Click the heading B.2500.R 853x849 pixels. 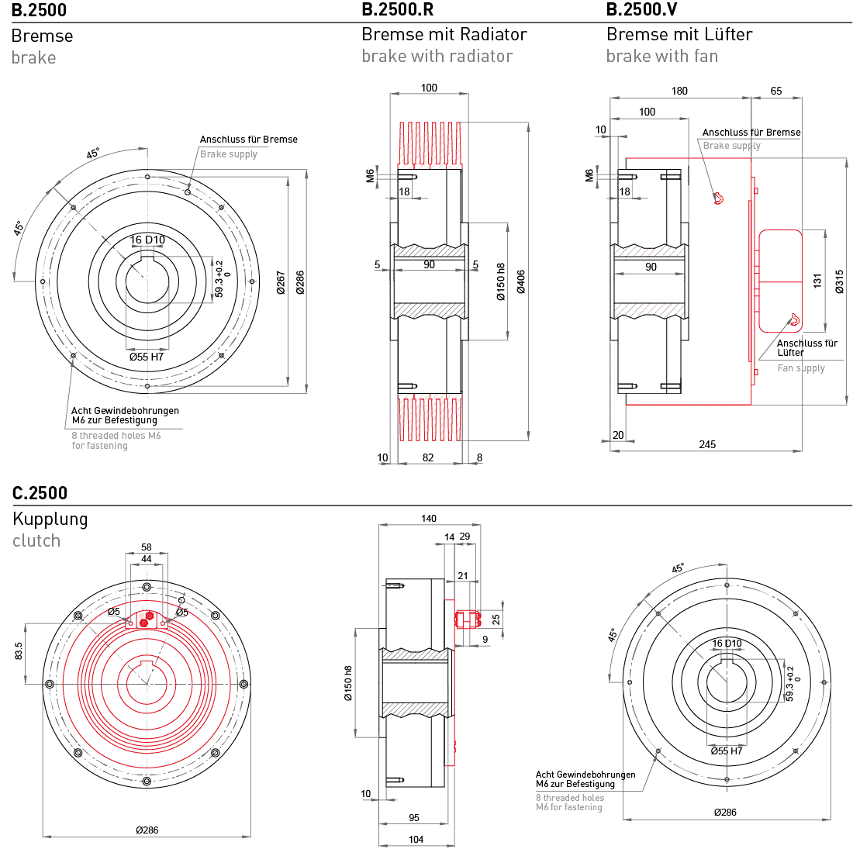point(398,10)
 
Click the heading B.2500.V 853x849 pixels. point(643,10)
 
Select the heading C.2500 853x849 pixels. point(40,493)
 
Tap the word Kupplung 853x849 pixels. point(50,519)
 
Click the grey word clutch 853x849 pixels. point(36,540)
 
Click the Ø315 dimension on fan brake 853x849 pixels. point(838,281)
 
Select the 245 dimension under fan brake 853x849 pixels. point(707,444)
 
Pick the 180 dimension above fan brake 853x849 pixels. point(679,91)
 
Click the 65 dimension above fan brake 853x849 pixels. point(776,91)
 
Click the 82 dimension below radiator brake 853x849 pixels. point(429,457)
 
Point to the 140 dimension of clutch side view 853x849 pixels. point(428,519)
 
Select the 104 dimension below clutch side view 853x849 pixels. point(416,839)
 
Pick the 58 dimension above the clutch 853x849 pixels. point(147,547)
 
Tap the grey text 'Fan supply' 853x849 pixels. point(801,368)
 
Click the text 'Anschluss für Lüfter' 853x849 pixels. point(806,347)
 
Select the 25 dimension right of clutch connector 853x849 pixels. point(496,618)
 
